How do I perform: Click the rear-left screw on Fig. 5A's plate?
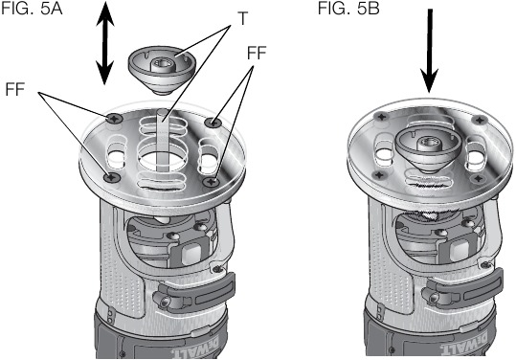[x=113, y=119]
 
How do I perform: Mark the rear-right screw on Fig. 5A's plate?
[x=215, y=122]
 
